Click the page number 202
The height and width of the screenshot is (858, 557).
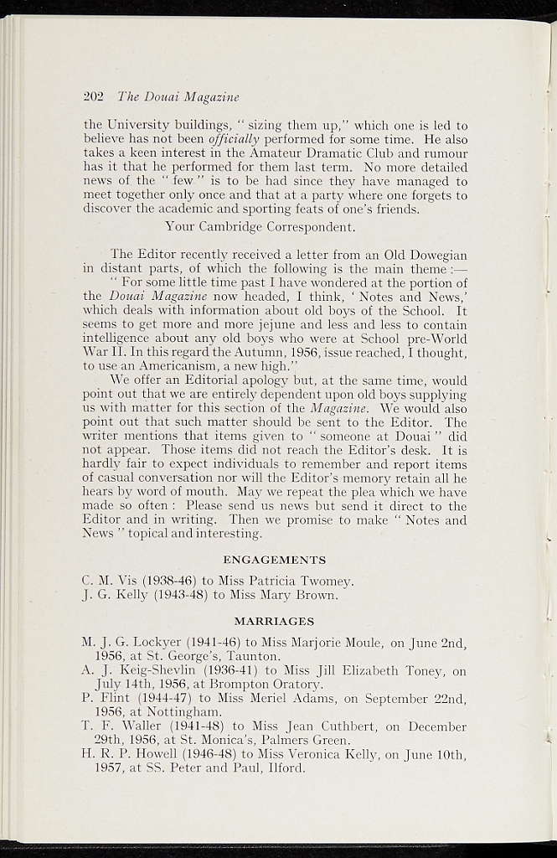tap(94, 96)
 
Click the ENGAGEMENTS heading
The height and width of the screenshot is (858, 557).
tap(275, 559)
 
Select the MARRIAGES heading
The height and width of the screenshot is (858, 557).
tap(275, 621)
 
